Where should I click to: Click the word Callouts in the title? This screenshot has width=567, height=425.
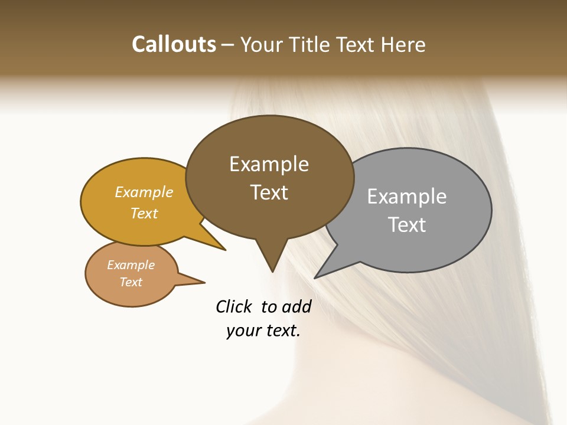click(x=174, y=45)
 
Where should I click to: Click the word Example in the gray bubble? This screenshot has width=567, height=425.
click(x=407, y=197)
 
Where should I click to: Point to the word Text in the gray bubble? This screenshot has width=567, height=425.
click(x=407, y=225)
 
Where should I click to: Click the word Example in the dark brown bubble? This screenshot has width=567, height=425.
click(x=269, y=164)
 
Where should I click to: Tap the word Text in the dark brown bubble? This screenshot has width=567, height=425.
click(x=269, y=192)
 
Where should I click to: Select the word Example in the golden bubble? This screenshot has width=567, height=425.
click(x=144, y=192)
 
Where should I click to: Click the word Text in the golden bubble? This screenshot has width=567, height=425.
click(x=144, y=213)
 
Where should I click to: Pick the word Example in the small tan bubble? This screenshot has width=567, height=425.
click(x=131, y=265)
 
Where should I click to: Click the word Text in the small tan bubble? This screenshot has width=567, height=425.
click(x=131, y=282)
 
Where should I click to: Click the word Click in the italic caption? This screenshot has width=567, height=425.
click(x=234, y=306)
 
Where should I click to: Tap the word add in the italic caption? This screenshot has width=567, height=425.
click(x=296, y=306)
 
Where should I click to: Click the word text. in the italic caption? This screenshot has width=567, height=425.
click(x=280, y=331)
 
